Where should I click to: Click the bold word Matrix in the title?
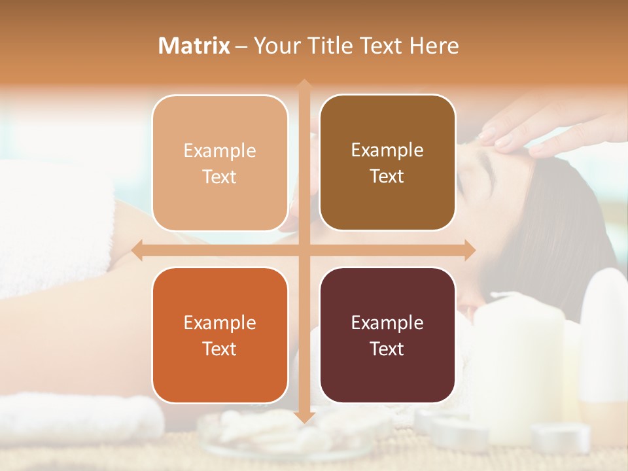(x=194, y=46)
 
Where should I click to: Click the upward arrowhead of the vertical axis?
(x=304, y=84)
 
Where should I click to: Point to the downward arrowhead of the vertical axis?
(x=304, y=417)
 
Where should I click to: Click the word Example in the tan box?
(x=220, y=151)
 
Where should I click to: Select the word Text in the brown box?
(x=387, y=177)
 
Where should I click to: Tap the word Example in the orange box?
(x=220, y=323)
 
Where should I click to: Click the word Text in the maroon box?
(x=387, y=349)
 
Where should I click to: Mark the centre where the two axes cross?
(x=304, y=250)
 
